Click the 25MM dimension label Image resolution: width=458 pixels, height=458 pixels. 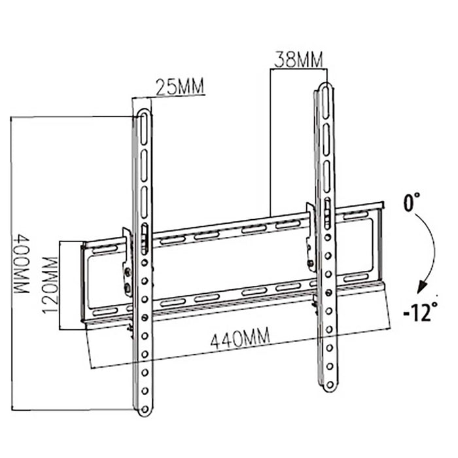click(179, 86)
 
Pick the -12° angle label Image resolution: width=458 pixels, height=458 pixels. click(419, 313)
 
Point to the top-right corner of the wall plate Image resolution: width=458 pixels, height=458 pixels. click(380, 204)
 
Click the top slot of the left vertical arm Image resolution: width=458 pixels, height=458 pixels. click(143, 131)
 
